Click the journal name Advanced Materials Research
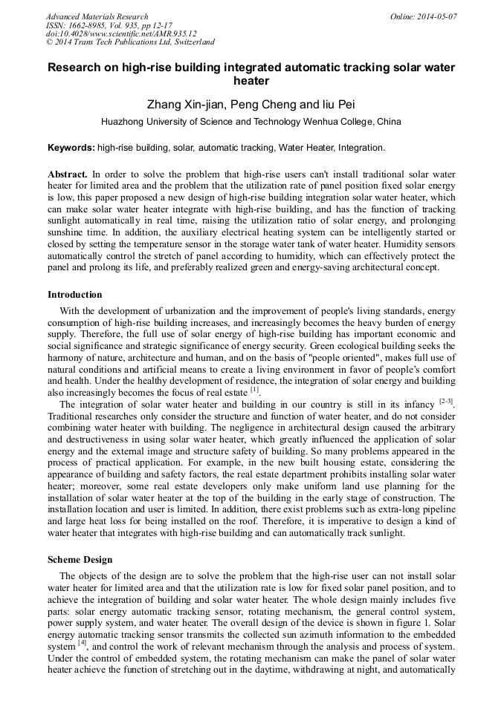pos(97,16)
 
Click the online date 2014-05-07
pos(436,16)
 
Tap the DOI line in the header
pos(121,33)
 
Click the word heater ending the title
pos(251,80)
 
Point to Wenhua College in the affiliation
pos(335,122)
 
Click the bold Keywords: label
pos(71,148)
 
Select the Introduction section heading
pos(74,295)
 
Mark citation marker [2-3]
pos(445,402)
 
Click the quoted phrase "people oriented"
pos(313,358)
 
